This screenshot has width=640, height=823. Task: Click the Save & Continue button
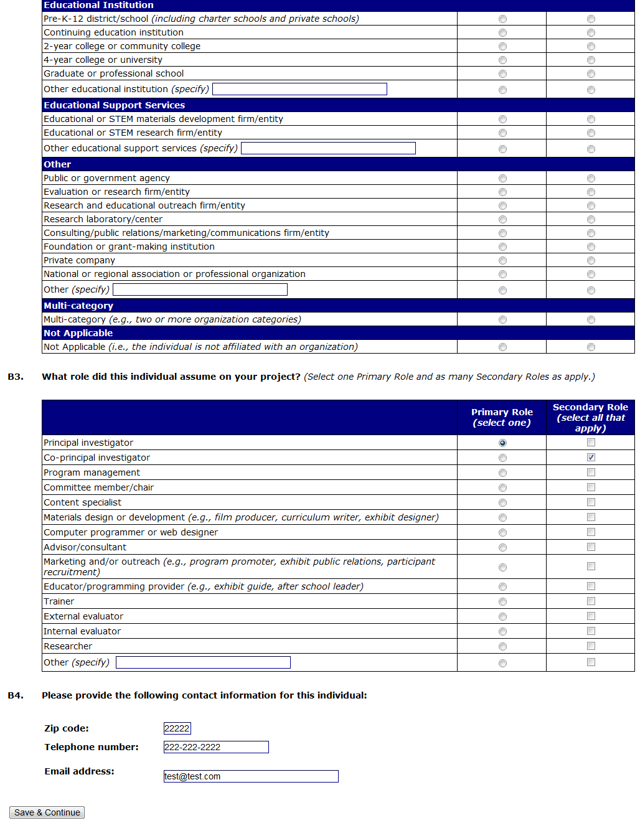(47, 812)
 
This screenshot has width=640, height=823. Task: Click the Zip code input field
(177, 728)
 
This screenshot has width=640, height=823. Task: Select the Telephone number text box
(215, 747)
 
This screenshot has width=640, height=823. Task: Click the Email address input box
(250, 776)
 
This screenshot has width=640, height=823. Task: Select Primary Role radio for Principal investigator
(502, 443)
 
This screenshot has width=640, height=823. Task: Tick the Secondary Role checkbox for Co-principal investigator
(591, 458)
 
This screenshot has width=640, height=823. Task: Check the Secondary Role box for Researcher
(591, 646)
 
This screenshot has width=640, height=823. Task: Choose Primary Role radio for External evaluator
(502, 617)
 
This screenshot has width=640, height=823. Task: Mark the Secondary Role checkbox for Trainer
(591, 601)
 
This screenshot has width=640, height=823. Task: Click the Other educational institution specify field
(299, 89)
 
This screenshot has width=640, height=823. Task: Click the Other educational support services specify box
(328, 148)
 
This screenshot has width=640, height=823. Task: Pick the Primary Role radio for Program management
(502, 473)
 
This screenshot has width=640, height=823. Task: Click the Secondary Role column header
(590, 417)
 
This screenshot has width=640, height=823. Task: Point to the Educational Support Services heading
(114, 105)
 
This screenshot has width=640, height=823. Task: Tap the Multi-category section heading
(78, 306)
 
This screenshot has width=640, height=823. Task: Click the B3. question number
(16, 377)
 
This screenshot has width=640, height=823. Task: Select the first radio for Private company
(502, 261)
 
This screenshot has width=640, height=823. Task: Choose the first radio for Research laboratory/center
(502, 220)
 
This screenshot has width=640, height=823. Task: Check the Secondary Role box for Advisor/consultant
(591, 547)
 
